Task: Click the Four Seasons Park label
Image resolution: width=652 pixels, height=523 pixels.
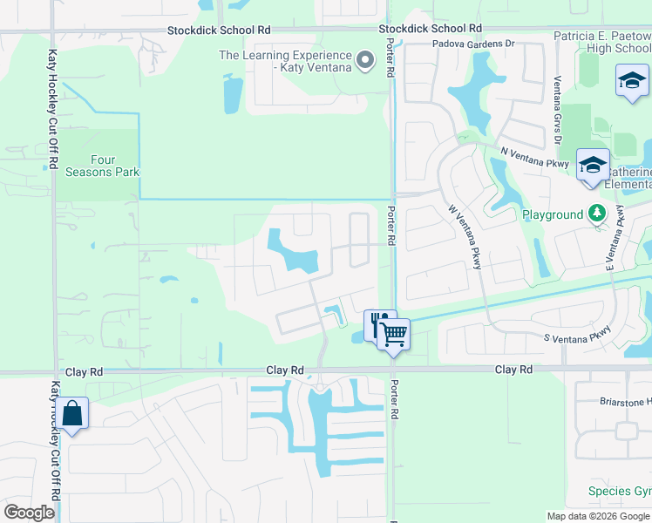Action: click(x=102, y=166)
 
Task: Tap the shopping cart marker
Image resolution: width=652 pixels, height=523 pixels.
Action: click(x=394, y=333)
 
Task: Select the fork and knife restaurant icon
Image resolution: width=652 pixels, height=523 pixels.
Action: click(x=377, y=323)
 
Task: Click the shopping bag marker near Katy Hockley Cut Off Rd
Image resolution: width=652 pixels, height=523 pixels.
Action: click(x=73, y=414)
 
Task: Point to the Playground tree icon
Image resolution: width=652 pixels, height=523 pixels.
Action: click(x=597, y=214)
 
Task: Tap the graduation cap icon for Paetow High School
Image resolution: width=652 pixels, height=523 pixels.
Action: click(x=631, y=84)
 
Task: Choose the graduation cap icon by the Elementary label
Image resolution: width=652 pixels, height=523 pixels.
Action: click(x=593, y=166)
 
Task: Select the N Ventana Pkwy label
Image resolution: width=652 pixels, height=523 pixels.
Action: click(x=534, y=157)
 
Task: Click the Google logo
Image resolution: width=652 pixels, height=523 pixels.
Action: click(x=30, y=512)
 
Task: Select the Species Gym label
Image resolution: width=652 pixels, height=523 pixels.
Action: click(x=620, y=491)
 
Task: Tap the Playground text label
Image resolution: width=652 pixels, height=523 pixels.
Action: click(x=553, y=214)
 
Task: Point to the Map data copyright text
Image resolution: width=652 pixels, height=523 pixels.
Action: click(x=598, y=515)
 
